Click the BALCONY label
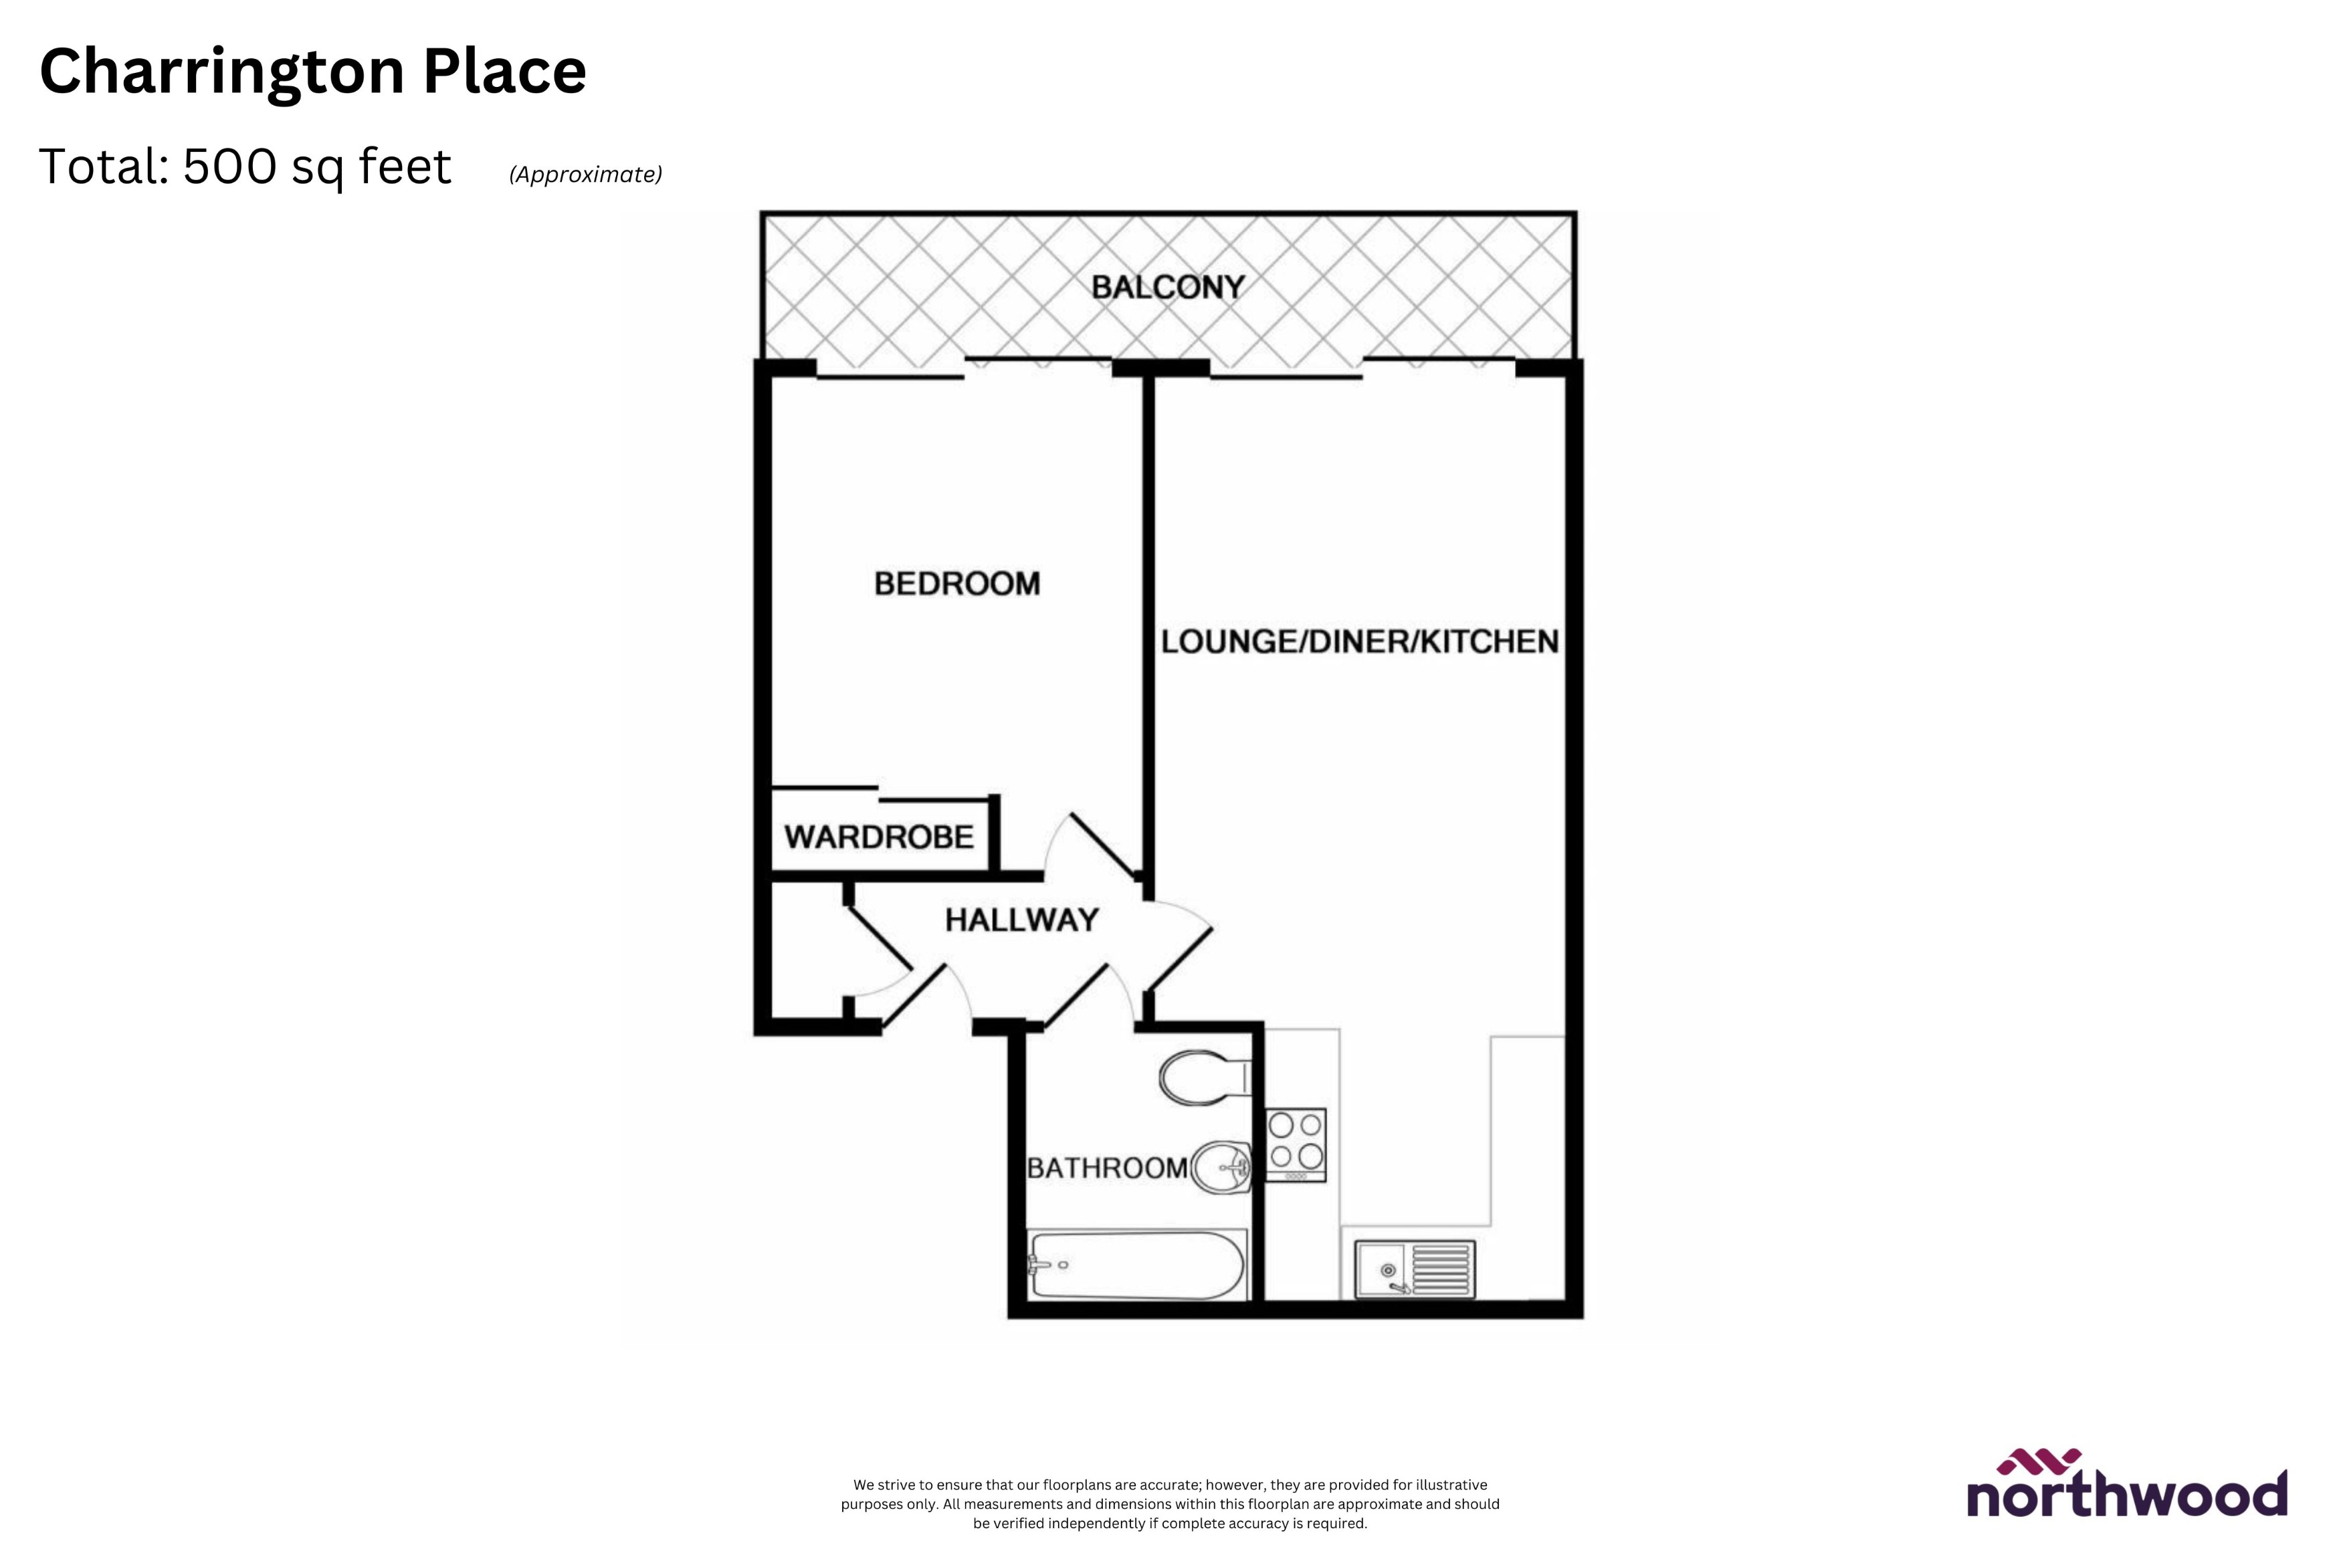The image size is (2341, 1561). (1168, 288)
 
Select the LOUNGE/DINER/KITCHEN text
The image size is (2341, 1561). (1360, 642)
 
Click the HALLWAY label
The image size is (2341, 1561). (1021, 920)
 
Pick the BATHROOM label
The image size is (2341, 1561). (1107, 1168)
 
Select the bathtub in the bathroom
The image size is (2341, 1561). (1136, 1265)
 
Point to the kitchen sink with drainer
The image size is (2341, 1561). (1413, 1269)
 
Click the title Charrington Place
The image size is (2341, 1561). (312, 72)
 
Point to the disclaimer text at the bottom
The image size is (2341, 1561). (1170, 1503)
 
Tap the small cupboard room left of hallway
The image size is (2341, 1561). (808, 951)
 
